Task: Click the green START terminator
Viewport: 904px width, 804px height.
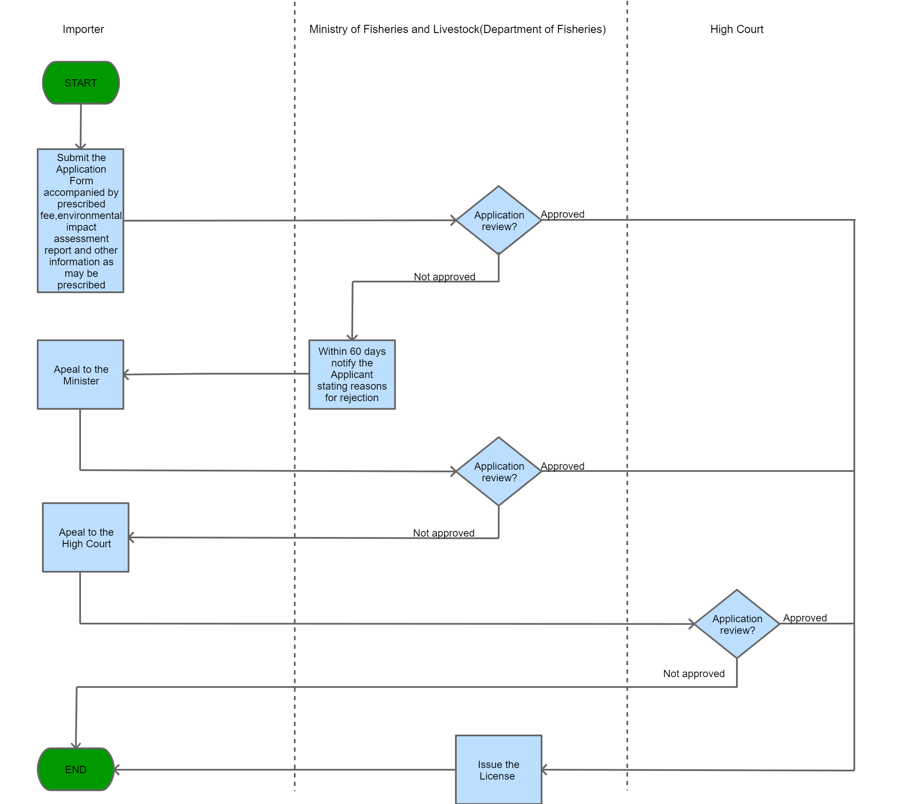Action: [81, 83]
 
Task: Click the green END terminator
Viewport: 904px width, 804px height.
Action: [76, 769]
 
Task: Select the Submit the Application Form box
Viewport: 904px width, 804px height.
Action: [81, 221]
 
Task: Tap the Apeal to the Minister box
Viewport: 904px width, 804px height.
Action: [81, 375]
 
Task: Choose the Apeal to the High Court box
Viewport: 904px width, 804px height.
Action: [86, 537]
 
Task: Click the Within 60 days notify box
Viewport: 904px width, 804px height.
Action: [352, 375]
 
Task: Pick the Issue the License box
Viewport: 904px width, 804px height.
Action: [498, 770]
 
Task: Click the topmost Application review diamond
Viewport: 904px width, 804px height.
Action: [498, 220]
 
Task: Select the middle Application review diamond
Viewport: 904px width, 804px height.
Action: [498, 472]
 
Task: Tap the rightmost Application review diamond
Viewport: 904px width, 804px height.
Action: [737, 624]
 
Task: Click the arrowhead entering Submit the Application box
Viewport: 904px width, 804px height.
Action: [81, 146]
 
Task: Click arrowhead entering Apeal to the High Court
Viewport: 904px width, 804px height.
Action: [132, 537]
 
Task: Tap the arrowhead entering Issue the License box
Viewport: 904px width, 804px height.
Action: [545, 770]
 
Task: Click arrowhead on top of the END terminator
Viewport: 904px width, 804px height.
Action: [76, 745]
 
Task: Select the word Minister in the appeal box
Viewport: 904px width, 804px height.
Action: [81, 381]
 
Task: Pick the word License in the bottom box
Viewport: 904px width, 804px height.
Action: [497, 776]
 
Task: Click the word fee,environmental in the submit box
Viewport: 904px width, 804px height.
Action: [81, 216]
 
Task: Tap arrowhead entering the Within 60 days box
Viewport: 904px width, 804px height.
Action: [352, 337]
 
